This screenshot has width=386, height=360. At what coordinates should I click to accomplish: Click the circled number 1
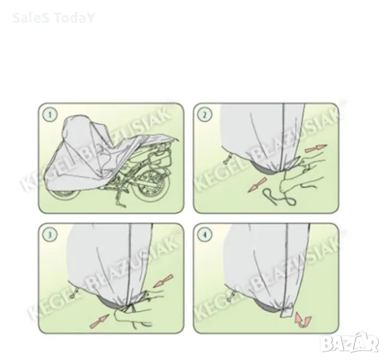(50, 115)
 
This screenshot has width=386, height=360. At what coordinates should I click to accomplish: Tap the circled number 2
(205, 115)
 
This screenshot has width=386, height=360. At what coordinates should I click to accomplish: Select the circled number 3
(50, 235)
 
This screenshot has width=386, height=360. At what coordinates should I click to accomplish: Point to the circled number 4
(205, 235)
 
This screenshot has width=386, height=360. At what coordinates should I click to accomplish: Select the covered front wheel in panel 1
(65, 194)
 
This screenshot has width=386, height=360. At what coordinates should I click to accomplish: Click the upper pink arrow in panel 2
(316, 148)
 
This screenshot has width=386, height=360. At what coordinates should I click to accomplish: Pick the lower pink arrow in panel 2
(258, 185)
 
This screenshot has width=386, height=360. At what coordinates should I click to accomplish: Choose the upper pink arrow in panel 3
(163, 281)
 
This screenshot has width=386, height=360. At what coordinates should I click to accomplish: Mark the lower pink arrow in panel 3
(99, 321)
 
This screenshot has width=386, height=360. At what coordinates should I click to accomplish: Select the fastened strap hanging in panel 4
(287, 311)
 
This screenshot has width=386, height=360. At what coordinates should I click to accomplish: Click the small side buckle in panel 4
(229, 296)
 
